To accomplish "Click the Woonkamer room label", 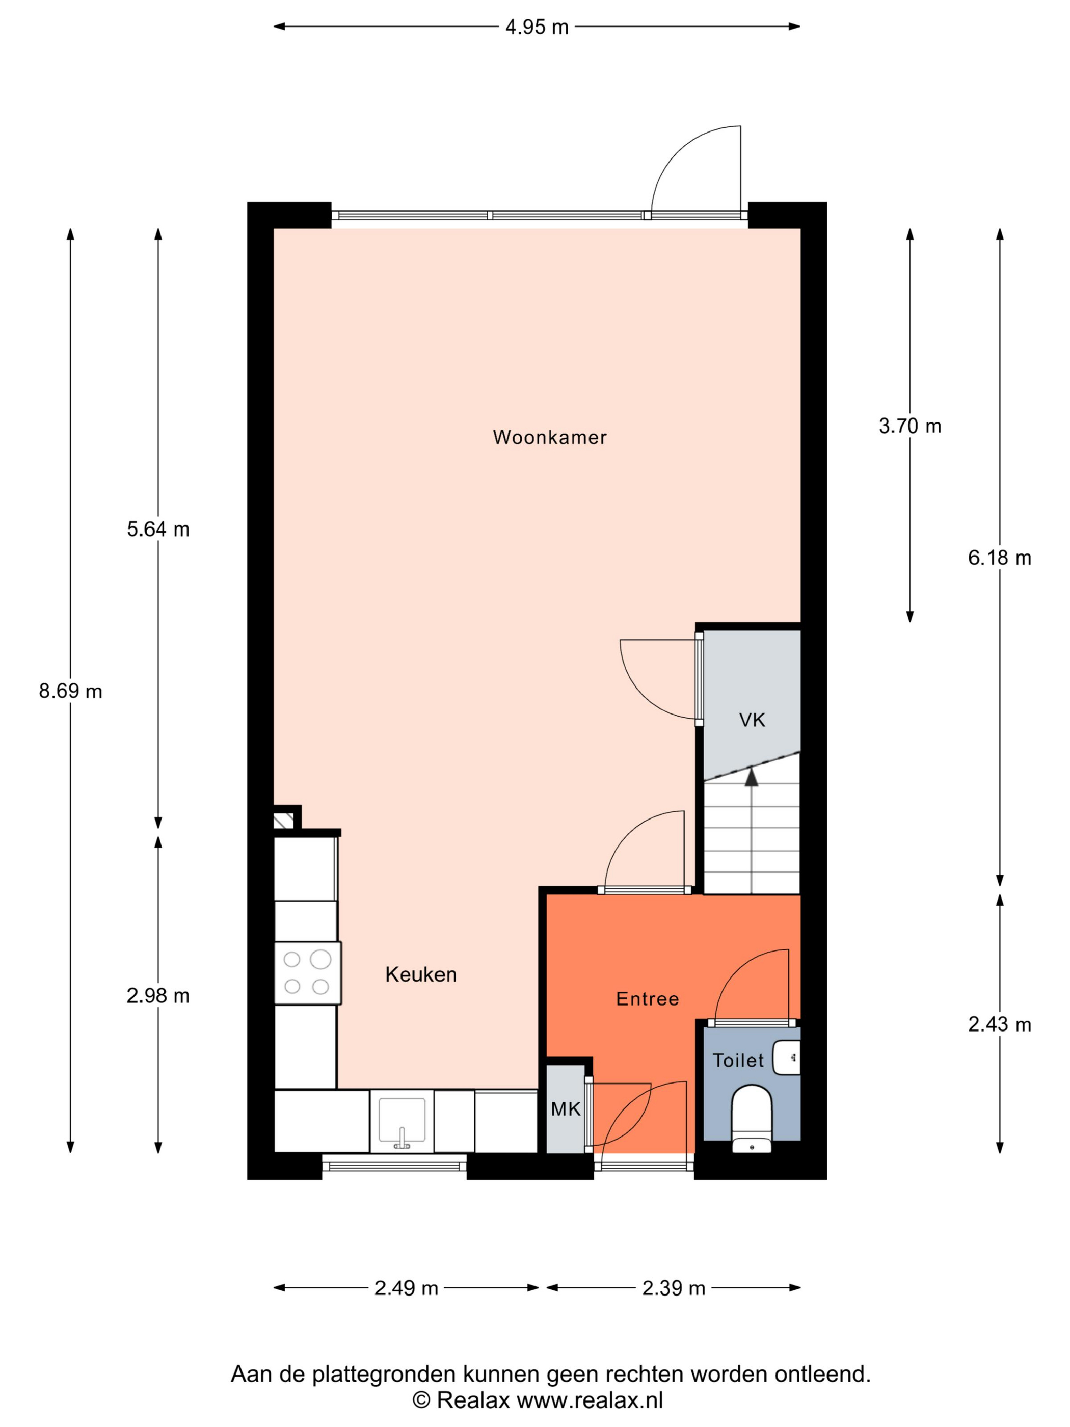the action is tap(549, 437).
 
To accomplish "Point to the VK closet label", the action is tap(752, 720).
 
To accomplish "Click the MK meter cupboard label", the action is tap(566, 1109).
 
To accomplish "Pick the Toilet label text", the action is tap(738, 1060).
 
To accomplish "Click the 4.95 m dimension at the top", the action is tap(537, 27).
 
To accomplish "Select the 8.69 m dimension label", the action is tap(70, 691).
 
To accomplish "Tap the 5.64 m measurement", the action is tap(158, 529).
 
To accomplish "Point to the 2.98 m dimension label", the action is tap(158, 995).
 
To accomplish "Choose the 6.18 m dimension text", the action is tap(999, 558).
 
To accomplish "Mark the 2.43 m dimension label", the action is tap(999, 1024).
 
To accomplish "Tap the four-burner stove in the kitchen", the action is tap(307, 973).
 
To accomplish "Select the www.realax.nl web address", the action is tap(590, 1400).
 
